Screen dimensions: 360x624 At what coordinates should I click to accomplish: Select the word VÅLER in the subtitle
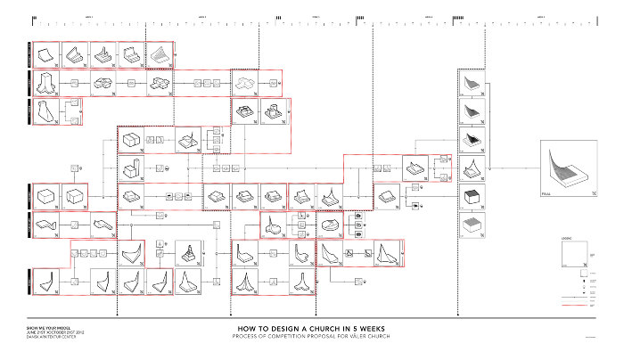tap(360, 336)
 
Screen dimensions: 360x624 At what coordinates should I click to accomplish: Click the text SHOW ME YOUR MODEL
tap(45, 327)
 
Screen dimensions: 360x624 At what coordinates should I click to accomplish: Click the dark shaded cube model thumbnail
tap(470, 196)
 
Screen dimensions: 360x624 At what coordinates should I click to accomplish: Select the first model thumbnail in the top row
tap(46, 54)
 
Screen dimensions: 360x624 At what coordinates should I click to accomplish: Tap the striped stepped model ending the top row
tap(159, 54)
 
